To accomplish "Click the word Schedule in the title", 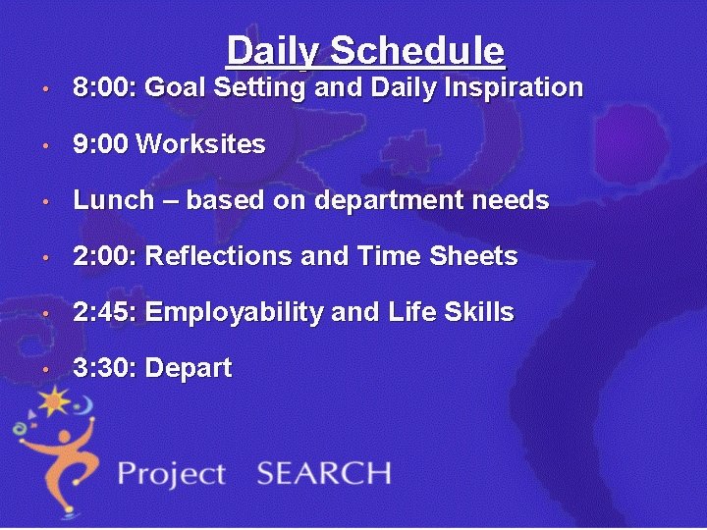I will coord(417,50).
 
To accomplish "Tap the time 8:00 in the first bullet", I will coord(105,88).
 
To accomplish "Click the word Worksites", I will coord(201,144).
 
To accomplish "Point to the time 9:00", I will coord(101,144).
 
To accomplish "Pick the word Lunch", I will coord(114,201).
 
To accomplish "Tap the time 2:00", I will coord(105,257).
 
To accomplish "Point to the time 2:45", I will coord(105,313).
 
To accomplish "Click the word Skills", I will coord(477,313).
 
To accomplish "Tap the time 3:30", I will coord(105,369).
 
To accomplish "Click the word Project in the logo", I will coord(172,475).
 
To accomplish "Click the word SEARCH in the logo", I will coord(323,473).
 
